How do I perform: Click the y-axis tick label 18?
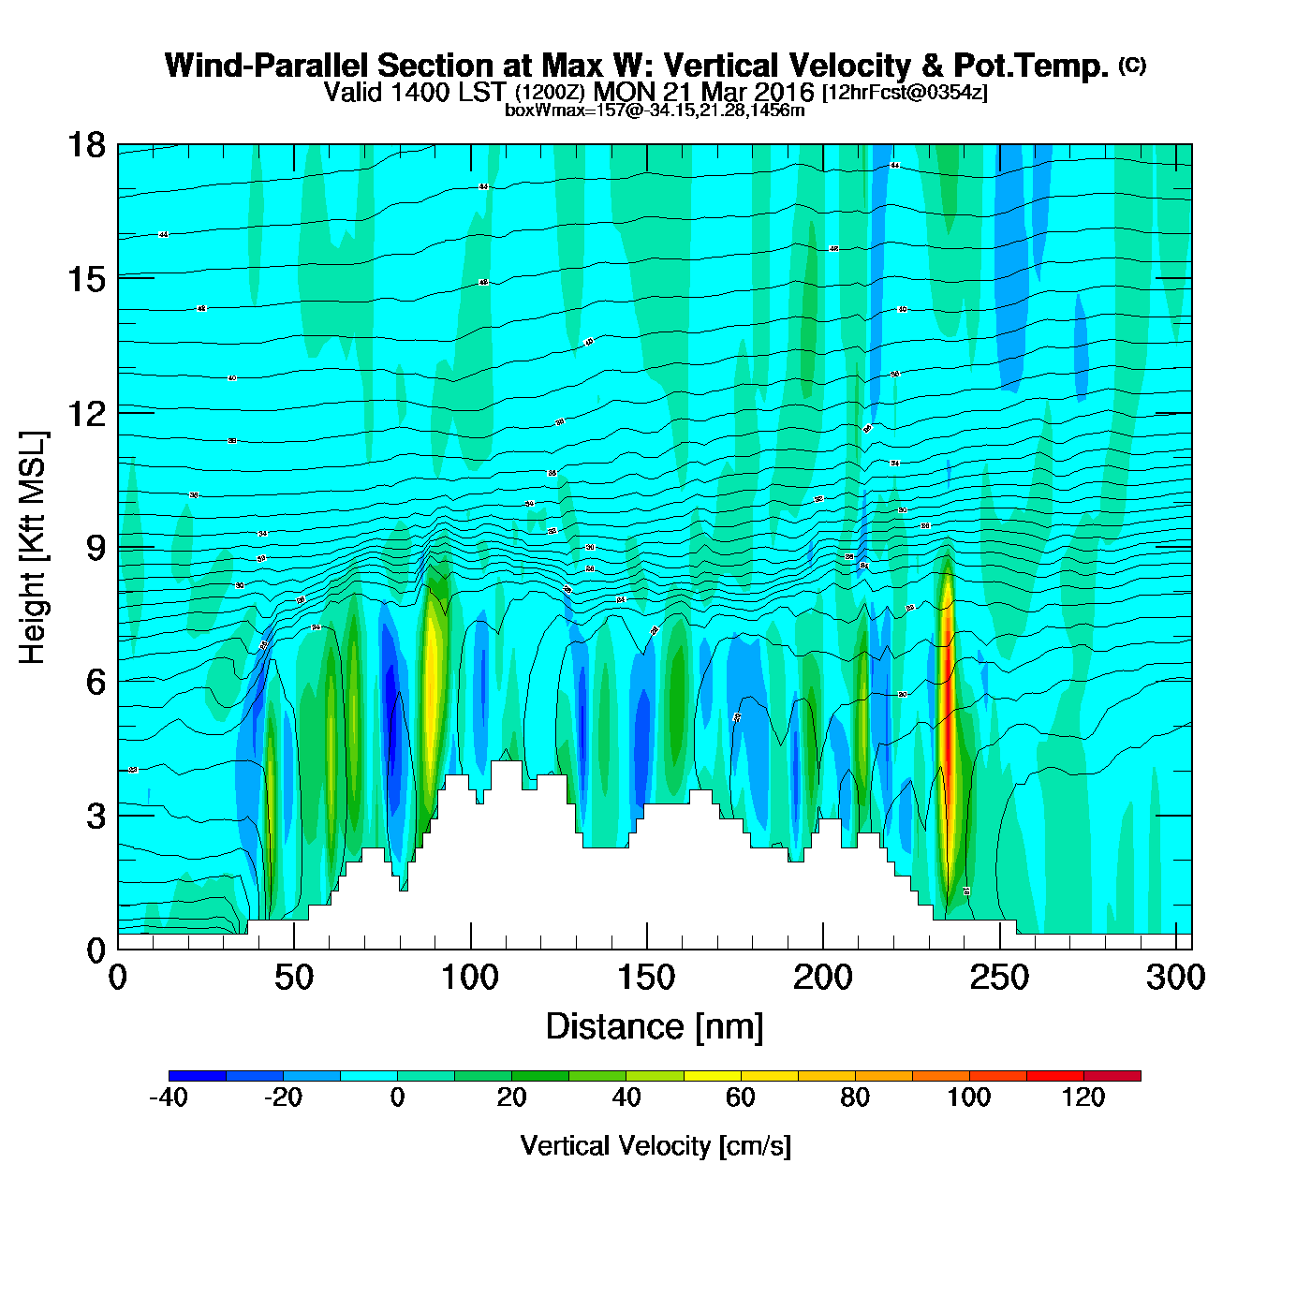(x=86, y=145)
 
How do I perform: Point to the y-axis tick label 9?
(x=96, y=548)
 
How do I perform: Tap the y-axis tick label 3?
(x=96, y=816)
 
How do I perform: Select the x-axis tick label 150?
(x=646, y=978)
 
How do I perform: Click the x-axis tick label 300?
(x=1176, y=978)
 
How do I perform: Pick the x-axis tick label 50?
(x=293, y=978)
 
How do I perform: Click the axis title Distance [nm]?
(x=655, y=1026)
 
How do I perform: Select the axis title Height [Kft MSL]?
(x=33, y=548)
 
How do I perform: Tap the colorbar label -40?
(x=169, y=1097)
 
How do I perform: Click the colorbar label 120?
(x=1083, y=1097)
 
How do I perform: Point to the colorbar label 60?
(x=741, y=1097)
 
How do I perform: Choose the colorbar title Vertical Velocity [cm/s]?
(x=655, y=1145)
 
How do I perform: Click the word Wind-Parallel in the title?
(x=268, y=66)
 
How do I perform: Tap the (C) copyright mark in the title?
(x=1131, y=65)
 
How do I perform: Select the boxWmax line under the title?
(x=655, y=110)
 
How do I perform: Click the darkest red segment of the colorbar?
(x=1112, y=1075)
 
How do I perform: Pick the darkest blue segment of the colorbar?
(x=198, y=1075)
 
